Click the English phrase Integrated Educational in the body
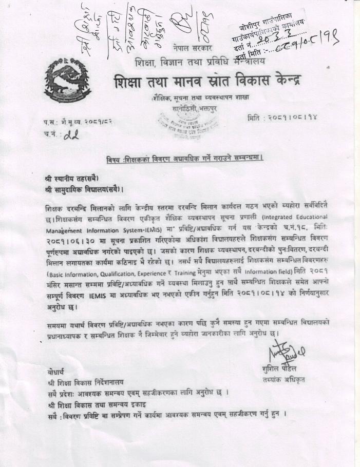tap(295, 217)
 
